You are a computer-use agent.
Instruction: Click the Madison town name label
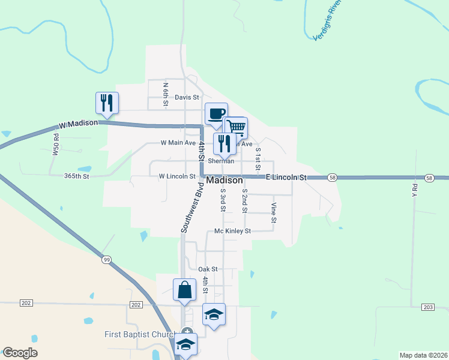224,180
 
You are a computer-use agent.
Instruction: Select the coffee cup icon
216,113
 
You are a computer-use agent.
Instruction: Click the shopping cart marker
236,127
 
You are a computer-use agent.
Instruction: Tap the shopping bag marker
184,290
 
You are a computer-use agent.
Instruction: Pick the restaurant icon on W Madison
107,103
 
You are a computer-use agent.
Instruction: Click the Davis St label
187,97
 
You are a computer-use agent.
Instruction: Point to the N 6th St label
166,94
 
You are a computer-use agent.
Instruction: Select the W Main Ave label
178,143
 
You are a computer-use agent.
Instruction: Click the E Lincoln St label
286,178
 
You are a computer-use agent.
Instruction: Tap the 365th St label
76,176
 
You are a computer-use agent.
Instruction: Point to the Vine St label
273,213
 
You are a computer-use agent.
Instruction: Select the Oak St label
208,269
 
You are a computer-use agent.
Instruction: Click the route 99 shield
107,259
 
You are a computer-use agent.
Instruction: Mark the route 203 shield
427,307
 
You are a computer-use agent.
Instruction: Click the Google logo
20,353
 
